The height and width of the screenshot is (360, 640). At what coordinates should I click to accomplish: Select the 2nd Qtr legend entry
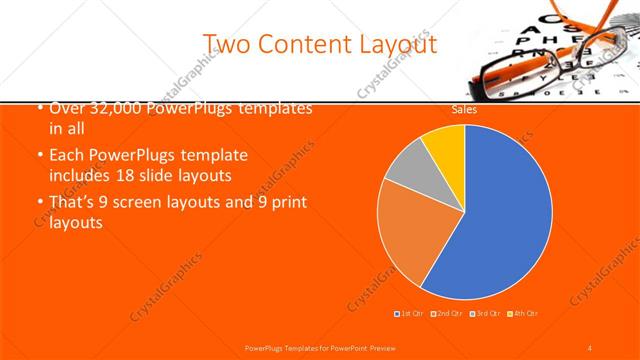click(448, 314)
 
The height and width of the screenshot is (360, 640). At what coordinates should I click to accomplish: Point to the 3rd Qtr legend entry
click(485, 314)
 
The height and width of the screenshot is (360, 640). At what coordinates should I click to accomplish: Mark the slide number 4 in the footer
click(590, 347)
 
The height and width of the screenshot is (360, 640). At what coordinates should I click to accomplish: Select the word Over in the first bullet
click(64, 108)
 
